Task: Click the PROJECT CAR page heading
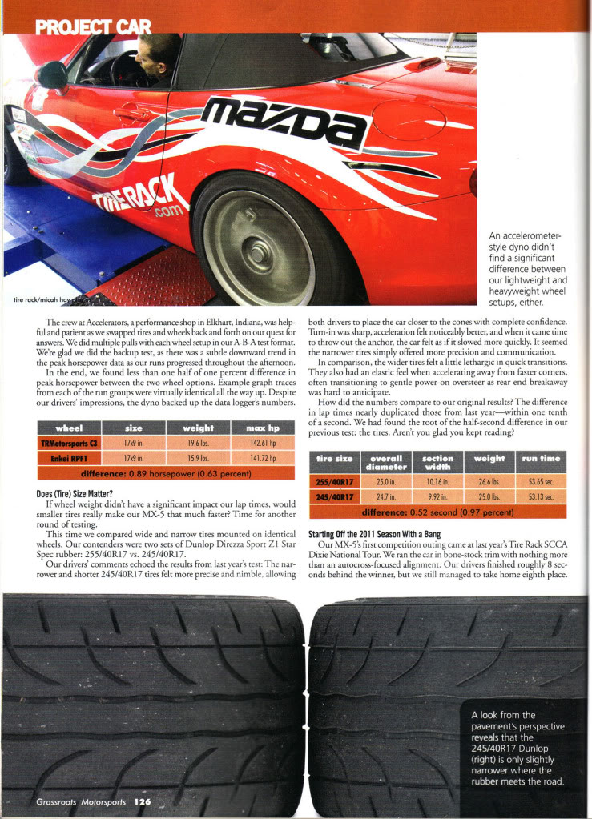(93, 27)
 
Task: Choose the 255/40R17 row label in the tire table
(335, 481)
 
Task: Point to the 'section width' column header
(438, 462)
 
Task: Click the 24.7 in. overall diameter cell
(387, 496)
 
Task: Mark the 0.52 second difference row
(437, 512)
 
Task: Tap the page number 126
(142, 801)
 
